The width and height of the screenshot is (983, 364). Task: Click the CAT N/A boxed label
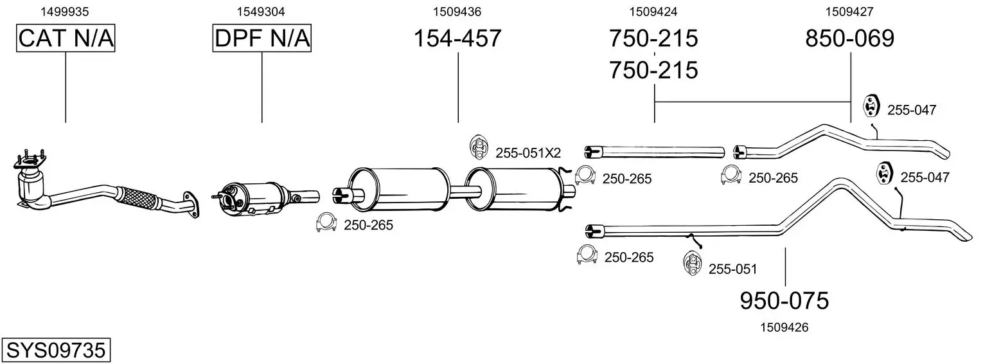click(x=66, y=38)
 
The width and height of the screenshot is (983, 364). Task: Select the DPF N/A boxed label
click(x=262, y=38)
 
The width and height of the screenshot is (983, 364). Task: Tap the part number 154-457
click(x=457, y=38)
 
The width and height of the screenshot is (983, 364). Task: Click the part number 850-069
click(x=849, y=38)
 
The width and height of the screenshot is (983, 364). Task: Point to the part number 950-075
click(x=784, y=301)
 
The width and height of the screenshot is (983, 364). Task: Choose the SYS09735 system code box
click(x=56, y=350)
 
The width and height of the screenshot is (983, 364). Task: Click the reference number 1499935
click(x=64, y=12)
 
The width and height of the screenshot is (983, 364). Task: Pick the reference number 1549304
click(x=261, y=12)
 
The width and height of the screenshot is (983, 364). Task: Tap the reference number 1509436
click(x=457, y=12)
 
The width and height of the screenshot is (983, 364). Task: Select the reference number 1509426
click(x=784, y=327)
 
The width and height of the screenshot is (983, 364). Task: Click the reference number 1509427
click(x=849, y=12)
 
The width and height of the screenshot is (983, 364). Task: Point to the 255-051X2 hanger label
click(x=528, y=153)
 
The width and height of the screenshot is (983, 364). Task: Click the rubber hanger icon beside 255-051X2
click(x=479, y=147)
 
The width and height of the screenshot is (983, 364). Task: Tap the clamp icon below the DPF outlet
click(x=326, y=223)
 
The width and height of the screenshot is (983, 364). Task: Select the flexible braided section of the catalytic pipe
click(x=137, y=198)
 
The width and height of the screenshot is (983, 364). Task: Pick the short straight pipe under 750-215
click(x=654, y=152)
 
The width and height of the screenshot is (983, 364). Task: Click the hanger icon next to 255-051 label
click(x=693, y=264)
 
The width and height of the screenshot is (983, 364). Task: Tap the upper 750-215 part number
click(x=653, y=38)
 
